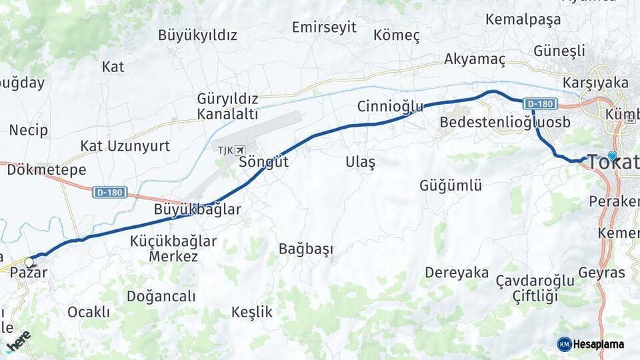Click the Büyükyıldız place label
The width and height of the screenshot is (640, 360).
click(x=197, y=35)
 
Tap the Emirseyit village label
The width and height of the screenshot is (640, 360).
click(x=324, y=27)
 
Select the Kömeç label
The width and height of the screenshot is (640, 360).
click(x=397, y=35)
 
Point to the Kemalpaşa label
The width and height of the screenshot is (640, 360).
click(x=523, y=19)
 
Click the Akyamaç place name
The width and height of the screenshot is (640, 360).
click(x=475, y=59)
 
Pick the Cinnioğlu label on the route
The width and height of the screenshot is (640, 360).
click(x=390, y=106)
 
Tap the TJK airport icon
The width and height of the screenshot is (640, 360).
click(x=241, y=150)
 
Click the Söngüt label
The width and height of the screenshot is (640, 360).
click(x=263, y=161)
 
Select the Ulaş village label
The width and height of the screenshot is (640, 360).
click(x=361, y=161)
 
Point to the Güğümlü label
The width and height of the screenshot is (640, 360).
click(x=451, y=185)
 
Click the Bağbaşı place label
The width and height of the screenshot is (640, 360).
click(x=305, y=249)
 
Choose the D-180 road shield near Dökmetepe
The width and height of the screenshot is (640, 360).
click(x=109, y=192)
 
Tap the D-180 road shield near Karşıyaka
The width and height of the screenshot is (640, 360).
click(x=539, y=104)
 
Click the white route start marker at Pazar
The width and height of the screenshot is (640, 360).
click(x=29, y=262)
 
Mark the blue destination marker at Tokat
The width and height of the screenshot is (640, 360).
click(x=612, y=155)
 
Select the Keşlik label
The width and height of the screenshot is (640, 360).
click(x=252, y=311)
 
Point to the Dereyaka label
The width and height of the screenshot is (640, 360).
click(x=457, y=273)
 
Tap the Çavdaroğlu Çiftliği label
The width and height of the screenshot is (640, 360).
click(x=526, y=288)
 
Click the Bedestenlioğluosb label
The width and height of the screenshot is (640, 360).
click(x=505, y=123)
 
